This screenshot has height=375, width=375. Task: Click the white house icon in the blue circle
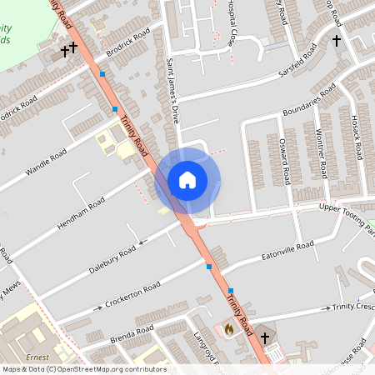(x=187, y=179)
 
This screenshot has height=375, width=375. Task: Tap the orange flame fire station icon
(x=229, y=330)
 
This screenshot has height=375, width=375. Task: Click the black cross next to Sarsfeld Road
(x=337, y=40)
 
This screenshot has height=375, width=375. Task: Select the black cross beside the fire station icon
(x=265, y=337)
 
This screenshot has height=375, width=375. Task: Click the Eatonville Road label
(x=287, y=249)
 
